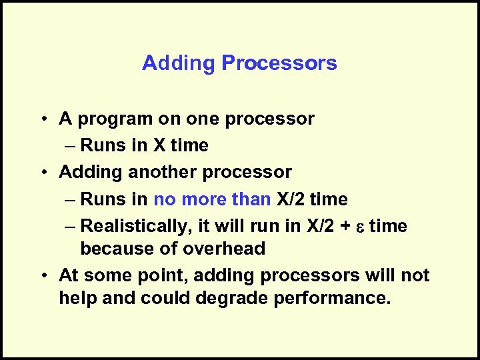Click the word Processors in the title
tap(279, 63)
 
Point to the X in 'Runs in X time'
tap(163, 146)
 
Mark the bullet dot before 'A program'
tap(42, 119)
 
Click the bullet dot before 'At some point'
tap(42, 275)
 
